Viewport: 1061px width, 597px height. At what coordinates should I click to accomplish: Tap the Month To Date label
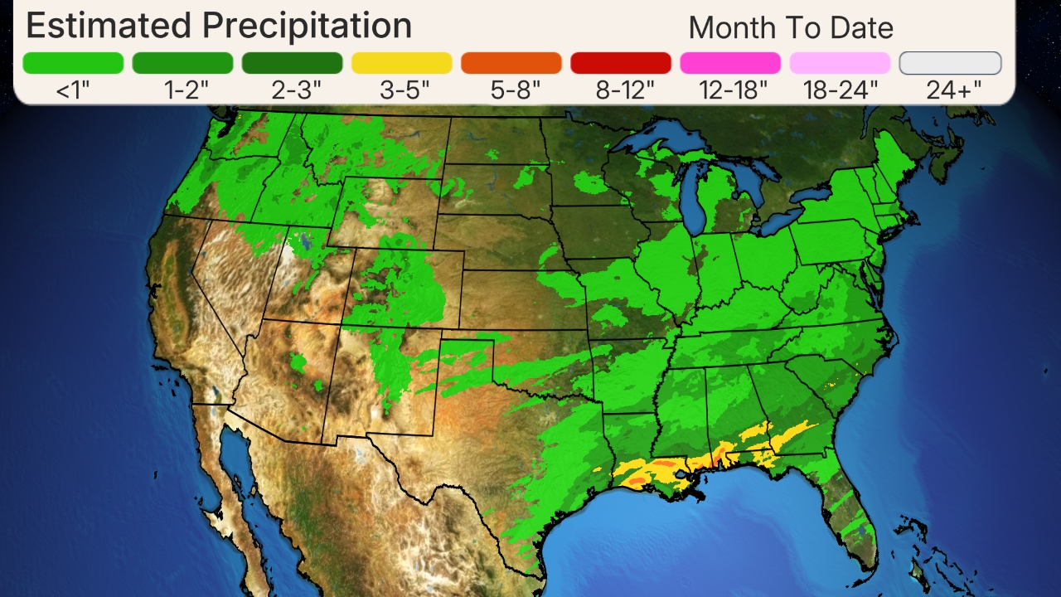[790, 28]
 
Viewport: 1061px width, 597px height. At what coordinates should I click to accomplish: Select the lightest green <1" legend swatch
[73, 63]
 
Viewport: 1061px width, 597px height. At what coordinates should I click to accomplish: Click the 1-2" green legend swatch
[182, 63]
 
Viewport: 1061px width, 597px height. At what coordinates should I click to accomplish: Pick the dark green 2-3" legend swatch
[292, 63]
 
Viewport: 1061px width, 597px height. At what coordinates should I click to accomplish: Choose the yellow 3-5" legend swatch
[401, 63]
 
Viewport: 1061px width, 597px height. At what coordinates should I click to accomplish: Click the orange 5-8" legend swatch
[511, 63]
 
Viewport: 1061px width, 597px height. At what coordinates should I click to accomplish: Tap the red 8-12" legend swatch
[620, 63]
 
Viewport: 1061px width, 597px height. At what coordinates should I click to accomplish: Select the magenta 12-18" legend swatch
[729, 63]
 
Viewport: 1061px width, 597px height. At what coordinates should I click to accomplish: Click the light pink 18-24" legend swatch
[839, 63]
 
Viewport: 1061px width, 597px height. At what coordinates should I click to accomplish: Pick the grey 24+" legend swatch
[950, 63]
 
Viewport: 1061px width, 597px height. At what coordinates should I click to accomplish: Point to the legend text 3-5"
[405, 90]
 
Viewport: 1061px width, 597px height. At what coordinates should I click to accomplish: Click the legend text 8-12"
[624, 90]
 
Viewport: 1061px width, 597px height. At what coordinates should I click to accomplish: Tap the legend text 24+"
[953, 90]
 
